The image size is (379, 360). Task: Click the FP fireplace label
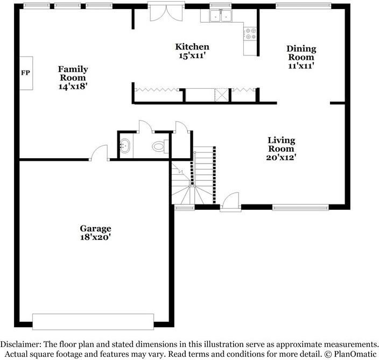25,73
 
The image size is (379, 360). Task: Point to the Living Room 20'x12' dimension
281,157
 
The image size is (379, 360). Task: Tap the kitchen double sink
220,16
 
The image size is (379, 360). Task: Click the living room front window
300,207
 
